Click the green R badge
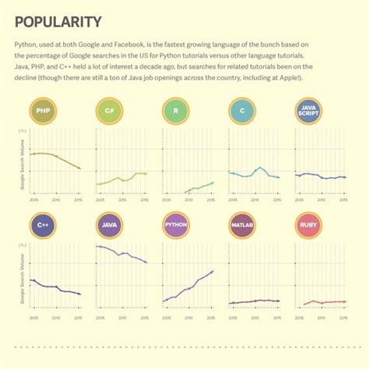coord(176,111)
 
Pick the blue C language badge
coord(243,111)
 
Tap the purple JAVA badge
coord(109,227)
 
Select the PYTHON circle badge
coord(176,227)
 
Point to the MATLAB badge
coord(243,227)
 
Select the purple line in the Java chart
coord(121,254)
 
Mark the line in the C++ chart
coord(54,287)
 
